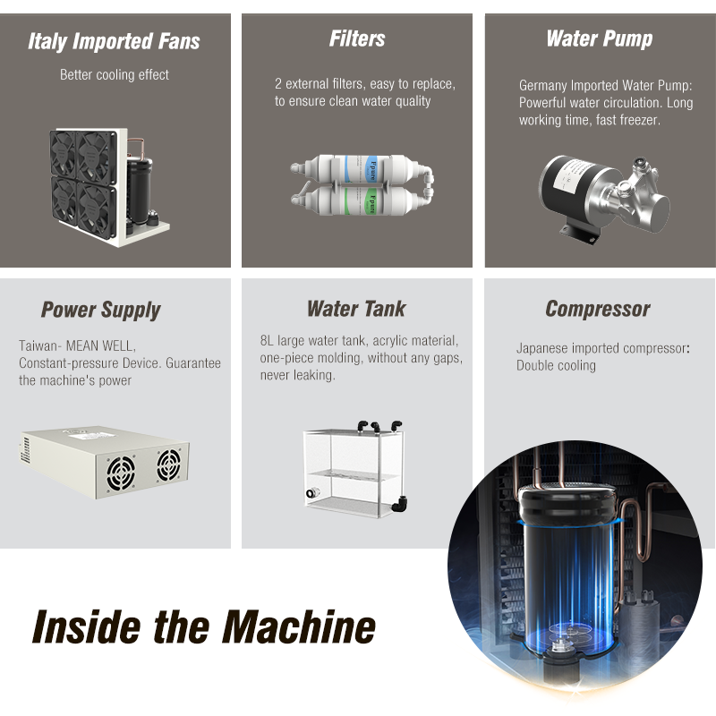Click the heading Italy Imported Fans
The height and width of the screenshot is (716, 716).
pos(114,41)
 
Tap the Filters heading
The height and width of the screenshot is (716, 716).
pos(357,38)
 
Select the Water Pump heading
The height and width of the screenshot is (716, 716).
pos(600,39)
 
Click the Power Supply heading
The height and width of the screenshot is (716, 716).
pos(100,310)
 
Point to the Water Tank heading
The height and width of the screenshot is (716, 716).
pos(356,309)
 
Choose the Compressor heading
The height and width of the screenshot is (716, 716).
pos(598,309)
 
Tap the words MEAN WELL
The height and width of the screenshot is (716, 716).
pos(101,345)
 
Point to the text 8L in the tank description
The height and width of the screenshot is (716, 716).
pos(267,341)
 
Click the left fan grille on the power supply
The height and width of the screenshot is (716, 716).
pos(121,473)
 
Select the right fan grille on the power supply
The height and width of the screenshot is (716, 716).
pos(168,465)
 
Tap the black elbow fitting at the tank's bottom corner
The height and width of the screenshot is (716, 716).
pos(399,504)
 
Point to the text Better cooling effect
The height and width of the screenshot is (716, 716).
pos(115,75)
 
